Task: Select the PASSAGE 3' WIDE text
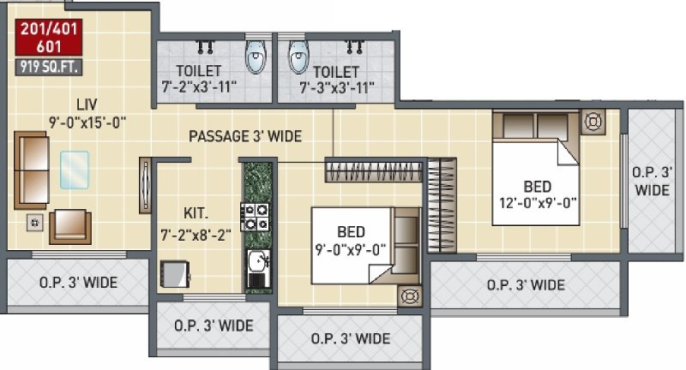click(245, 136)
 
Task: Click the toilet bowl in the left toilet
click(255, 57)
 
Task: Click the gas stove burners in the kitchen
click(254, 217)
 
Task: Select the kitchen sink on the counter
click(255, 264)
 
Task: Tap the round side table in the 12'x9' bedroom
click(592, 122)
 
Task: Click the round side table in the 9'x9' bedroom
click(408, 297)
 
